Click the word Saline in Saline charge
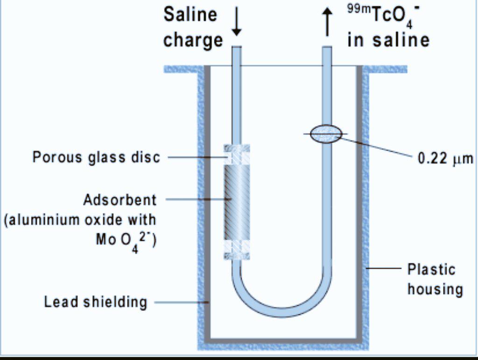[190, 15]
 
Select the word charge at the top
[192, 40]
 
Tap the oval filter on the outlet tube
[326, 134]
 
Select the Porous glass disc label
[96, 157]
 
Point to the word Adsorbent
[120, 200]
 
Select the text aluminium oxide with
[80, 220]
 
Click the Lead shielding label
[95, 302]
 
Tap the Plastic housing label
[435, 279]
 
